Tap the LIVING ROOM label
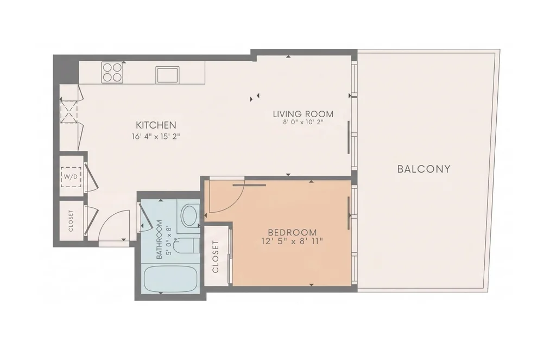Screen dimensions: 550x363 click(x=303, y=114)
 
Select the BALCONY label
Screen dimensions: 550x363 click(x=423, y=169)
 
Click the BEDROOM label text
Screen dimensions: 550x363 click(x=292, y=232)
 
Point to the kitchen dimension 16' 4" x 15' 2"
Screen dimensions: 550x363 click(x=156, y=136)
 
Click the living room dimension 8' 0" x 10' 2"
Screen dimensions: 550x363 click(x=303, y=122)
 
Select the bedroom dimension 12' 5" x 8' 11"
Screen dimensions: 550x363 click(x=292, y=241)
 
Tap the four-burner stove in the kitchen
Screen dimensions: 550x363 click(x=112, y=73)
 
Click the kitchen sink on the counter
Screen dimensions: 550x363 click(x=168, y=75)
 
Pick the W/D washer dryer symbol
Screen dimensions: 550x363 click(x=71, y=176)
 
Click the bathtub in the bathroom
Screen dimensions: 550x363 click(x=170, y=279)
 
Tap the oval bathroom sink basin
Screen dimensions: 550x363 click(x=191, y=215)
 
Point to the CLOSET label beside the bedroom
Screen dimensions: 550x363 click(x=216, y=257)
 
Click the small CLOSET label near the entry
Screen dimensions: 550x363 click(x=71, y=221)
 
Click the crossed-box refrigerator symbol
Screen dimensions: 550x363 click(x=68, y=111)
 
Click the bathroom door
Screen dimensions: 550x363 click(x=144, y=217)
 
